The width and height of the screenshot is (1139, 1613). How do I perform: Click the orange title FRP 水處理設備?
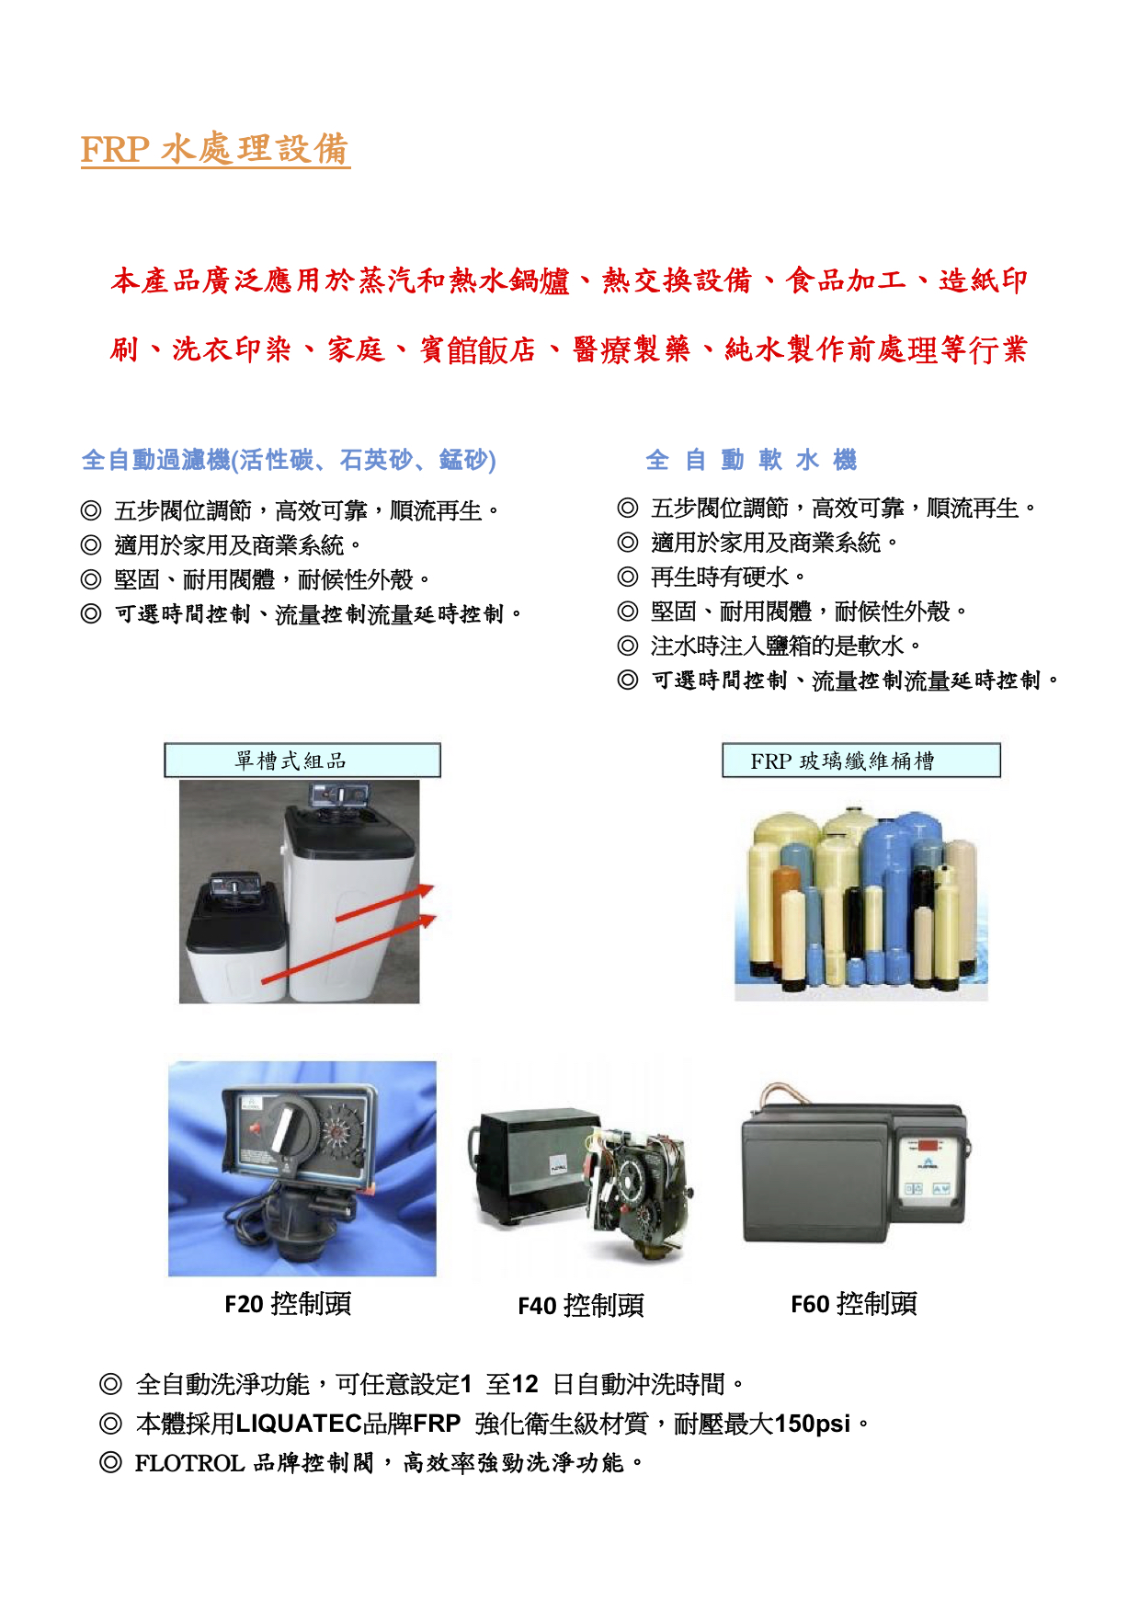(x=215, y=150)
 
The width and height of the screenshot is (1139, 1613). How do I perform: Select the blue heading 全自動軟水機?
(x=751, y=460)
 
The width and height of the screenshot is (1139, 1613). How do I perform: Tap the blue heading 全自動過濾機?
(x=155, y=460)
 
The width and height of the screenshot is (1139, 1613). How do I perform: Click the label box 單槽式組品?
(x=302, y=761)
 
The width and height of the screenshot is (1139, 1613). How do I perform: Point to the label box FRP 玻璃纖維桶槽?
(x=860, y=761)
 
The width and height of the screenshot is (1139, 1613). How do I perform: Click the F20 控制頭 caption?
(x=288, y=1303)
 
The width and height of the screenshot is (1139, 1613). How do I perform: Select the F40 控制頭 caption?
(x=581, y=1306)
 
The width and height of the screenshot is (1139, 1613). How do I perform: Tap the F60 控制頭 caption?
(x=854, y=1303)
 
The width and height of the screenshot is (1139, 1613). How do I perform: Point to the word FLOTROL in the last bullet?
(x=189, y=1463)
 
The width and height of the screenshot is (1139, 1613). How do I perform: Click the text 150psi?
(x=812, y=1424)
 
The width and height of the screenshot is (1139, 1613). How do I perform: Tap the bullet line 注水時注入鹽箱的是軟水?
(x=769, y=646)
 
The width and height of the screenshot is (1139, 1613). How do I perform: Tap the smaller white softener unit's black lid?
(x=237, y=924)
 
